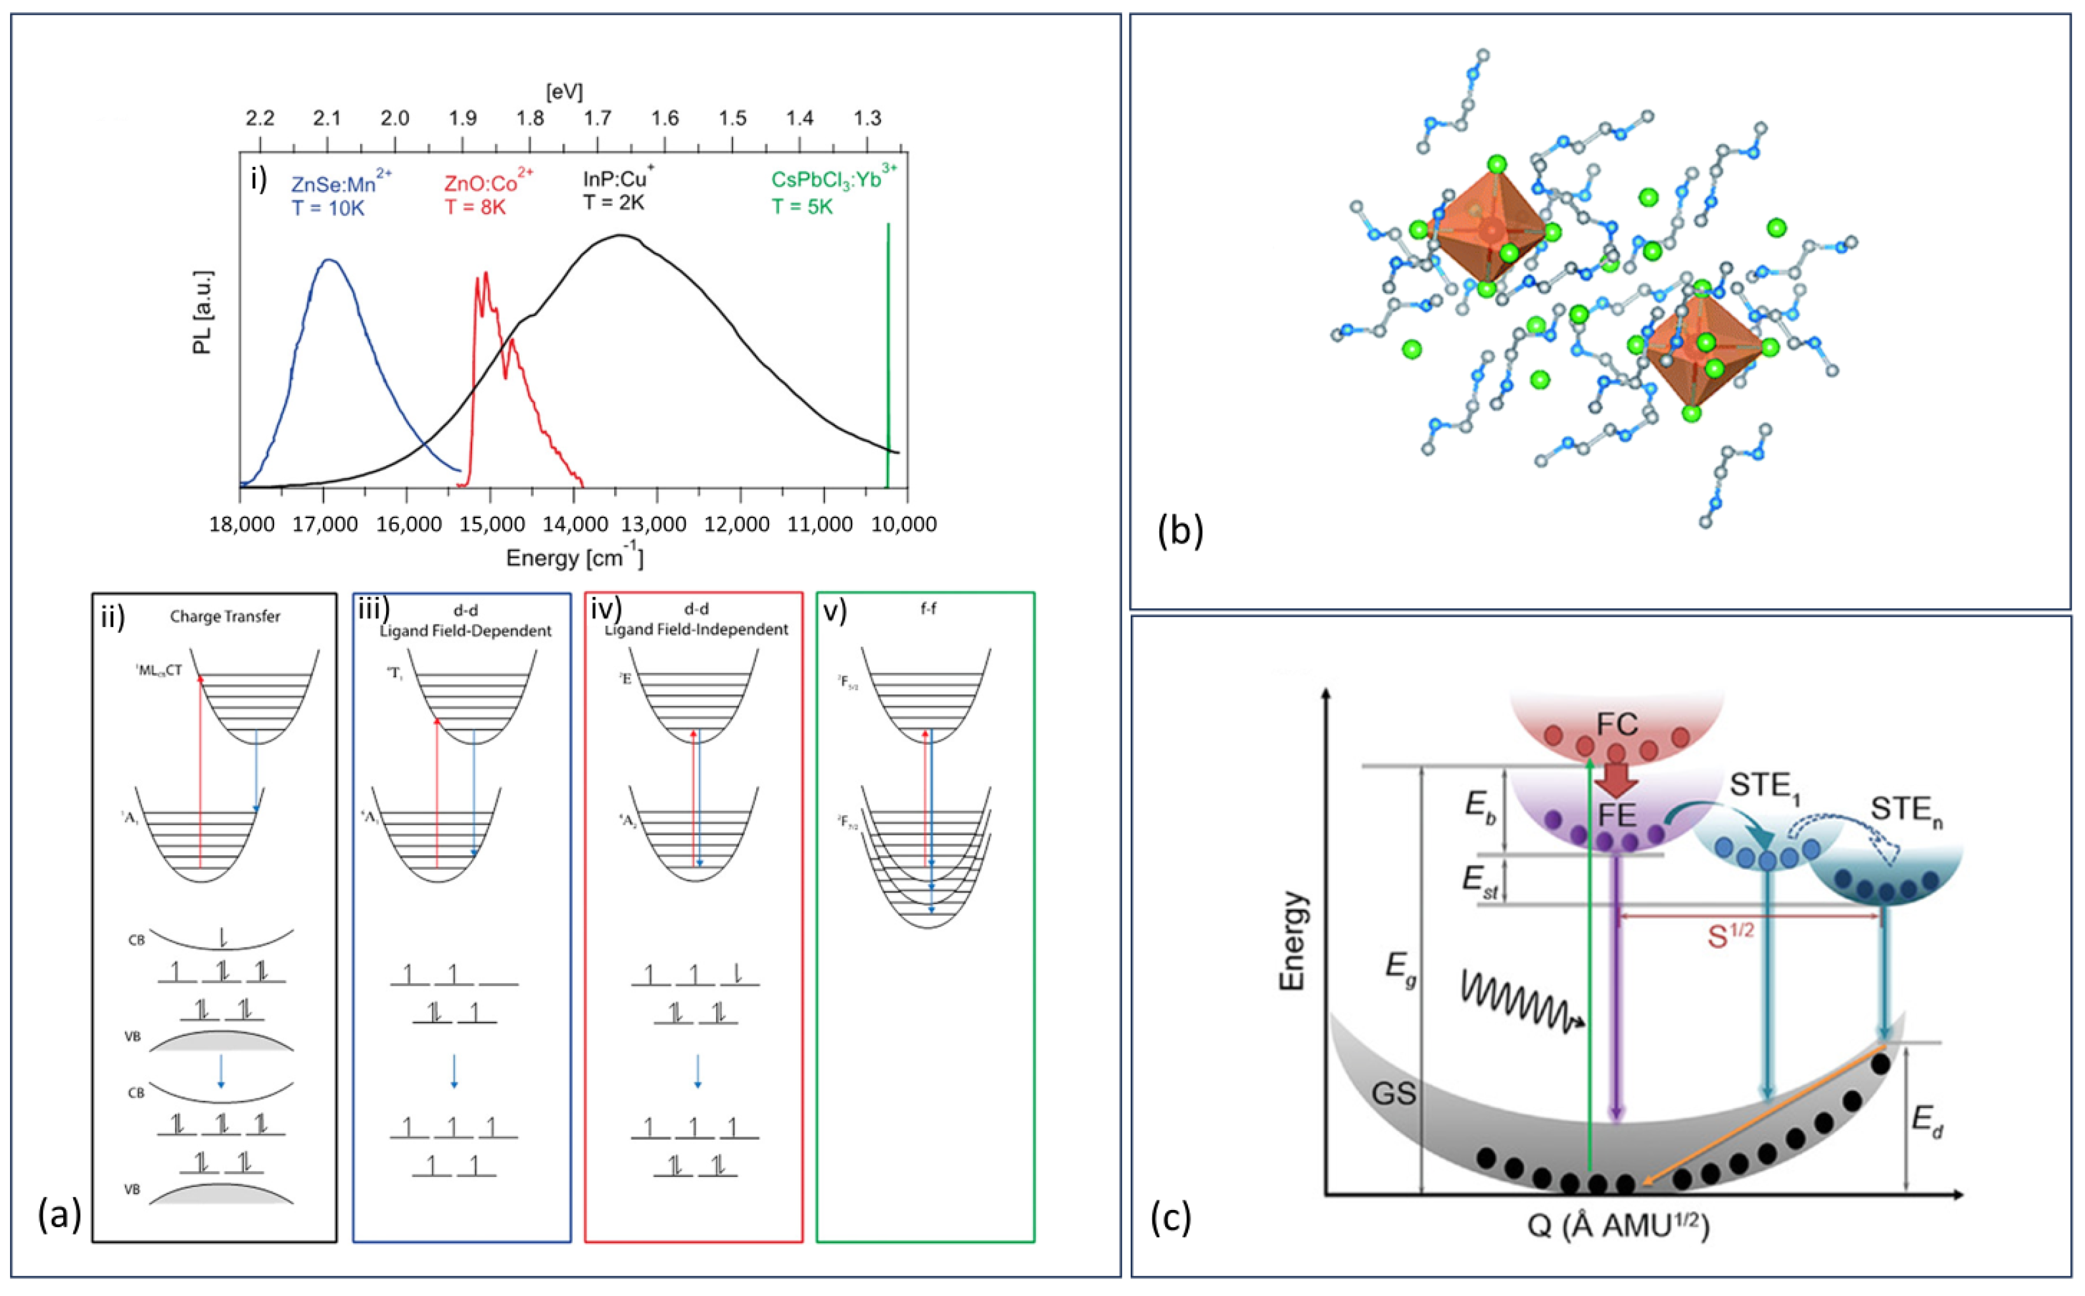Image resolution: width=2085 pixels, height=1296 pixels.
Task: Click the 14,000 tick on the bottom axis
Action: [573, 524]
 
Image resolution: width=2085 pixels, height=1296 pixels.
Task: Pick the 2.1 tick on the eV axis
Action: [327, 119]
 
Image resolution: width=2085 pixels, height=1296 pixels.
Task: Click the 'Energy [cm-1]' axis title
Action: [574, 559]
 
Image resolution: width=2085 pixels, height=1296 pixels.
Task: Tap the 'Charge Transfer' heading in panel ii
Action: [224, 616]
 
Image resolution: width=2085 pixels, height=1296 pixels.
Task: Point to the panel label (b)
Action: [1180, 531]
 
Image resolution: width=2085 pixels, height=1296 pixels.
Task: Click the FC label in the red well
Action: [1617, 725]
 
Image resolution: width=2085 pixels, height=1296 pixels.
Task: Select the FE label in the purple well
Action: [1616, 814]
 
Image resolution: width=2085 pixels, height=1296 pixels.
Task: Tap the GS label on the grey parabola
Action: [1393, 1095]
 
